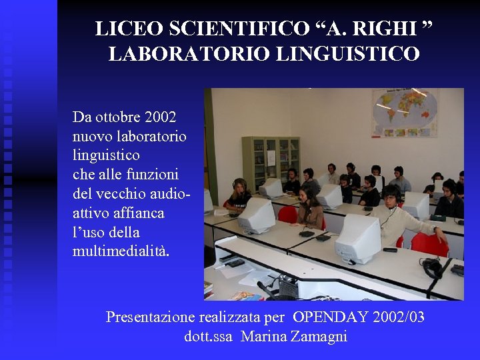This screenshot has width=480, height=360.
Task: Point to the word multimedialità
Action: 121,251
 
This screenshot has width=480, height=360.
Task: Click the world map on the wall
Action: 405,113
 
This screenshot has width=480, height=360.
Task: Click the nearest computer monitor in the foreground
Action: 357,240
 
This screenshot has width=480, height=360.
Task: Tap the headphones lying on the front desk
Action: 433,268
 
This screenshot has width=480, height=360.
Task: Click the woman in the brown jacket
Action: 309,209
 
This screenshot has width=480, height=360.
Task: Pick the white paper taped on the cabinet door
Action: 271,157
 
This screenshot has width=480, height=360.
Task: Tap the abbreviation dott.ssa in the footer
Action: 208,337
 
